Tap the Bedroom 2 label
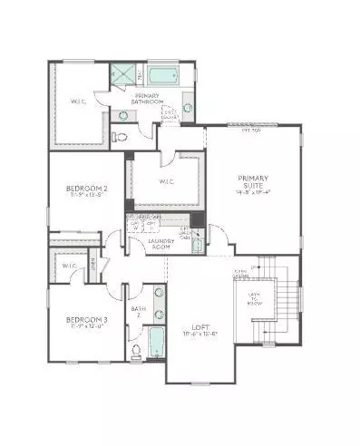pos(86,189)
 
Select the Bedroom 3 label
pos(86,320)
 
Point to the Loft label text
pos(200,327)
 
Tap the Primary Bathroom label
pos(148,100)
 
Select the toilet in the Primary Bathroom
pos(120,138)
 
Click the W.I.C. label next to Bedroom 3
pos(69,266)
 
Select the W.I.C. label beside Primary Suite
pos(167,181)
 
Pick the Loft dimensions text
pos(200,334)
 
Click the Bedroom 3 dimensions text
pos(86,327)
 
